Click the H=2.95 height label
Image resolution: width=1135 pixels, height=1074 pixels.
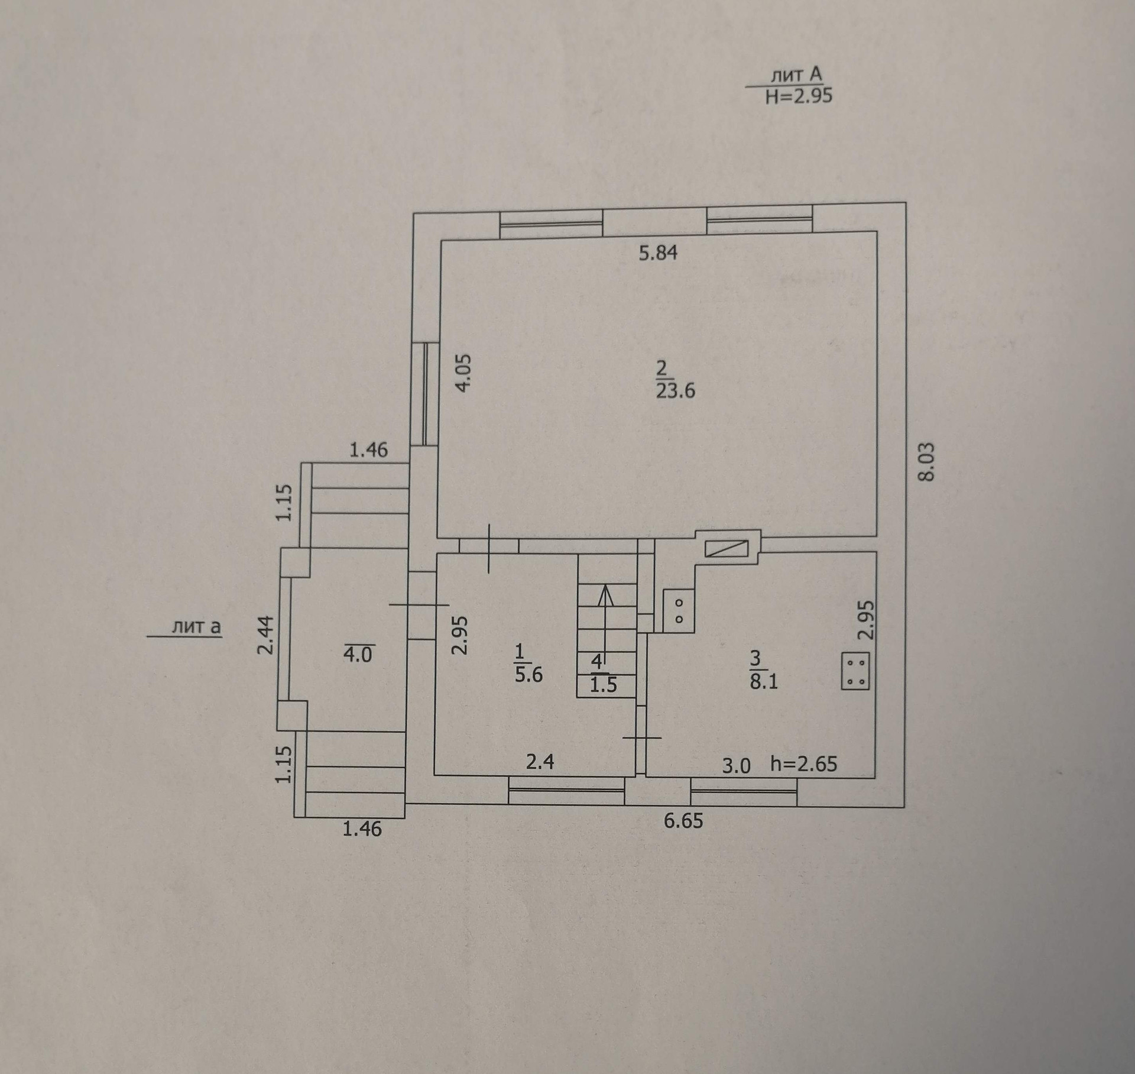click(799, 96)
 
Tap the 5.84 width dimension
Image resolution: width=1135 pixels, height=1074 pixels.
click(659, 253)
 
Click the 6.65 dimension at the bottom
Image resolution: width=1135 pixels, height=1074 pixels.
click(683, 821)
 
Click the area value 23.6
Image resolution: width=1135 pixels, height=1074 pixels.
click(675, 391)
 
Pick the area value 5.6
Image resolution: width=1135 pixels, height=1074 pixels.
click(528, 674)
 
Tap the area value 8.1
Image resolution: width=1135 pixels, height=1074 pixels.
click(764, 681)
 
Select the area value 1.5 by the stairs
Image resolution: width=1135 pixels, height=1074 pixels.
click(603, 684)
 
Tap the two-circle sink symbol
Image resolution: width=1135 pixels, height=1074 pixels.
click(679, 611)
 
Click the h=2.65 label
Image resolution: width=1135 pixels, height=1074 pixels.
click(804, 764)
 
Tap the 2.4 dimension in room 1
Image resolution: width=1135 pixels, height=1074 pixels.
click(540, 762)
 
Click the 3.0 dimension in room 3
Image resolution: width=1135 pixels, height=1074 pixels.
click(736, 766)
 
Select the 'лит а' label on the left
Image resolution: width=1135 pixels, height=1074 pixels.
click(196, 626)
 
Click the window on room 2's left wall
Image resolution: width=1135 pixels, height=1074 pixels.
click(424, 394)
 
